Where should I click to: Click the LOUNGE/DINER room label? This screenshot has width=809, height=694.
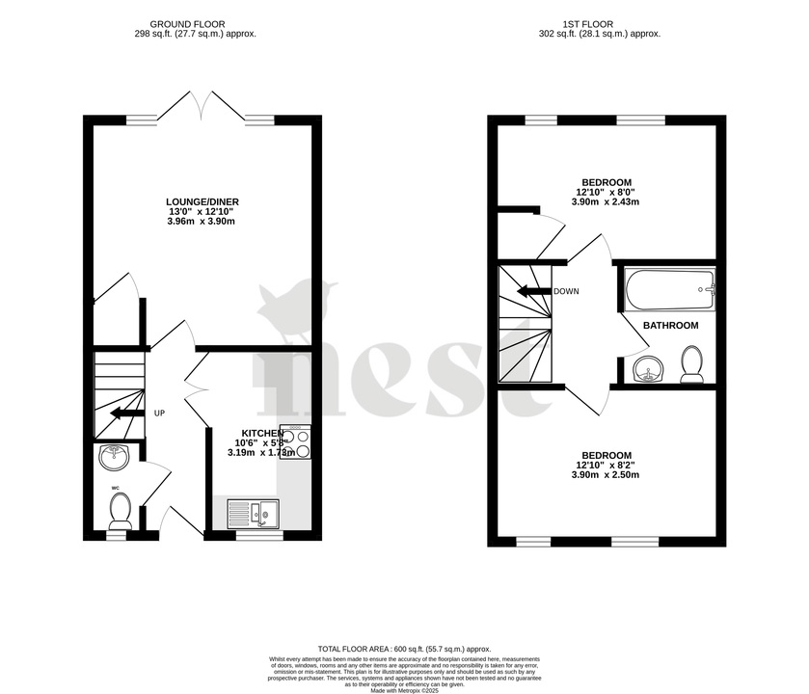coord(202,201)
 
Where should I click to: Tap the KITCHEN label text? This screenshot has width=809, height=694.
coord(262,433)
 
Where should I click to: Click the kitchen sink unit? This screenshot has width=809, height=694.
coord(253,513)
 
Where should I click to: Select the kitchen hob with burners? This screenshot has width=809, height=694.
coord(295,441)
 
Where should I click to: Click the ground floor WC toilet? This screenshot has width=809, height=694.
coord(120,511)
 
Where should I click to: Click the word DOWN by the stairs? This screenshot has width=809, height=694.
coord(566,291)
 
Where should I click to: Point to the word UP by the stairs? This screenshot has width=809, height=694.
coord(159,414)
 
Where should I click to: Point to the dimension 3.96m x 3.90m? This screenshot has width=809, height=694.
coord(202,222)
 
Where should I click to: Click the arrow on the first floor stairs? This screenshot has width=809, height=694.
coord(530,291)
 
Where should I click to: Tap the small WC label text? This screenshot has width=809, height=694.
coord(116,489)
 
